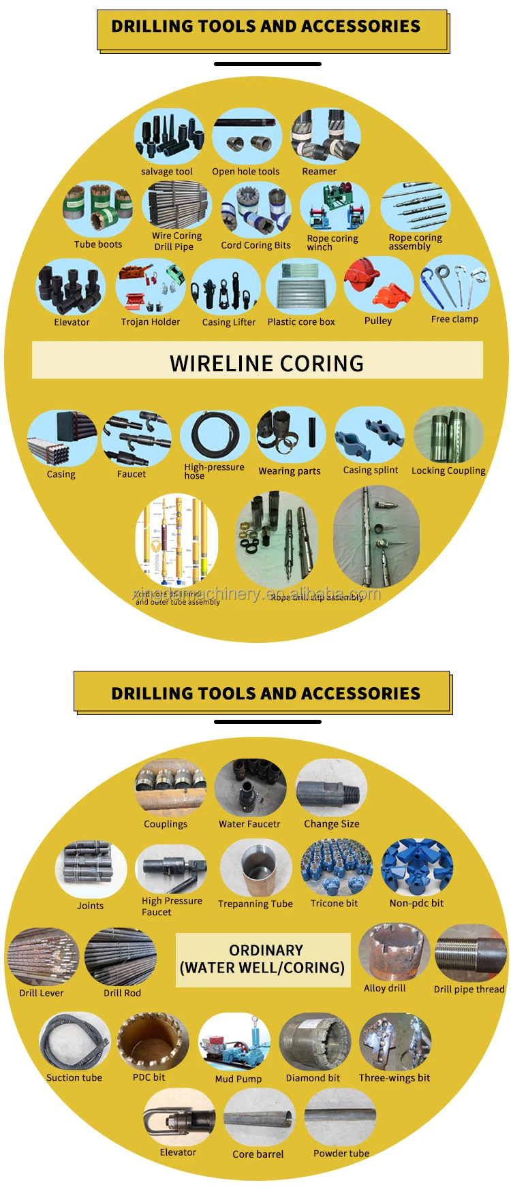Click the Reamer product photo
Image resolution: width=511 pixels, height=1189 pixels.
(x=325, y=137)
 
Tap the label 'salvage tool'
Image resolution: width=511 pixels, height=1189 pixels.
(x=166, y=172)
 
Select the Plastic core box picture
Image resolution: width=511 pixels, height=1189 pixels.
(x=300, y=287)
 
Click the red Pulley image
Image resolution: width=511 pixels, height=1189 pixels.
(x=378, y=285)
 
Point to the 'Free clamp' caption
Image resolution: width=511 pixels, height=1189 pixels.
(x=454, y=319)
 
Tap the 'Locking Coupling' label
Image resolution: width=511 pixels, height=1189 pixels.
(x=448, y=471)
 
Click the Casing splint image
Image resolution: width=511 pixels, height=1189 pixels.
(x=370, y=436)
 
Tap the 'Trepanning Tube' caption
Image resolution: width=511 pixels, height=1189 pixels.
(x=255, y=904)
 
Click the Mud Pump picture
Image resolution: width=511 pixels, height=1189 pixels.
(x=234, y=1043)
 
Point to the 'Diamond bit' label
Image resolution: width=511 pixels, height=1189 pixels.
(x=313, y=1078)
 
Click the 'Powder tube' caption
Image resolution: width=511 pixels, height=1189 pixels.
(x=341, y=1153)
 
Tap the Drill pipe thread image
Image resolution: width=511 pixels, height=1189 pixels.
(x=470, y=953)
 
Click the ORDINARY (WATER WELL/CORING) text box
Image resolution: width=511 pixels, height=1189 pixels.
(x=263, y=960)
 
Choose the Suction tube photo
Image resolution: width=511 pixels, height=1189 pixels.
(x=74, y=1042)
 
